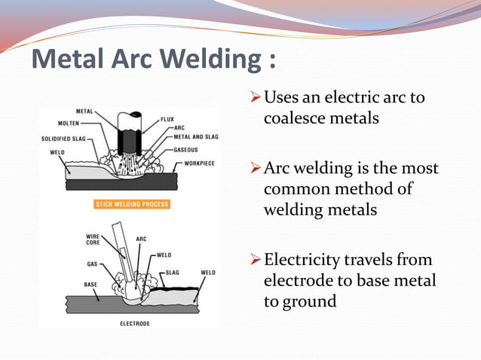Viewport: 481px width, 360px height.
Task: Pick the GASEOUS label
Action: (186, 149)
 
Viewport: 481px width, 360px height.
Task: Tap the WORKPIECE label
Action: (198, 162)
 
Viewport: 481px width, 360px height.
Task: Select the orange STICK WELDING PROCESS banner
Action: (132, 204)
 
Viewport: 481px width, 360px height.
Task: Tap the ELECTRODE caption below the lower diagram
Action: (134, 323)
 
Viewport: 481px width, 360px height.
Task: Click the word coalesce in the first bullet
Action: (294, 118)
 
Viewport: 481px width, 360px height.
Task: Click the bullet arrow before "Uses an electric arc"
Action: (254, 98)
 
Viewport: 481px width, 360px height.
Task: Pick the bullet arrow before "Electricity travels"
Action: (254, 260)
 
